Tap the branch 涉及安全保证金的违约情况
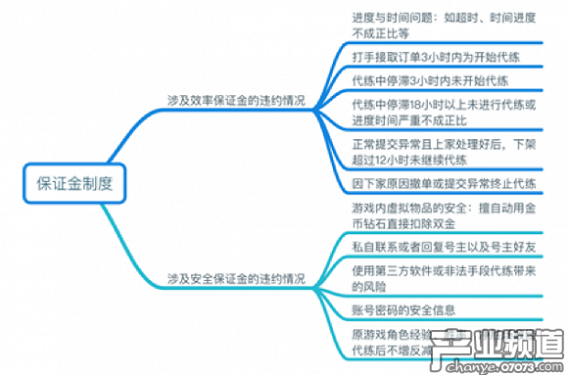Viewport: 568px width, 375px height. coord(236,279)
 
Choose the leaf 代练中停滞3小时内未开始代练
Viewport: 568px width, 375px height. coord(429,80)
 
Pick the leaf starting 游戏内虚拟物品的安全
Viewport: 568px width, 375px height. coord(432,217)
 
